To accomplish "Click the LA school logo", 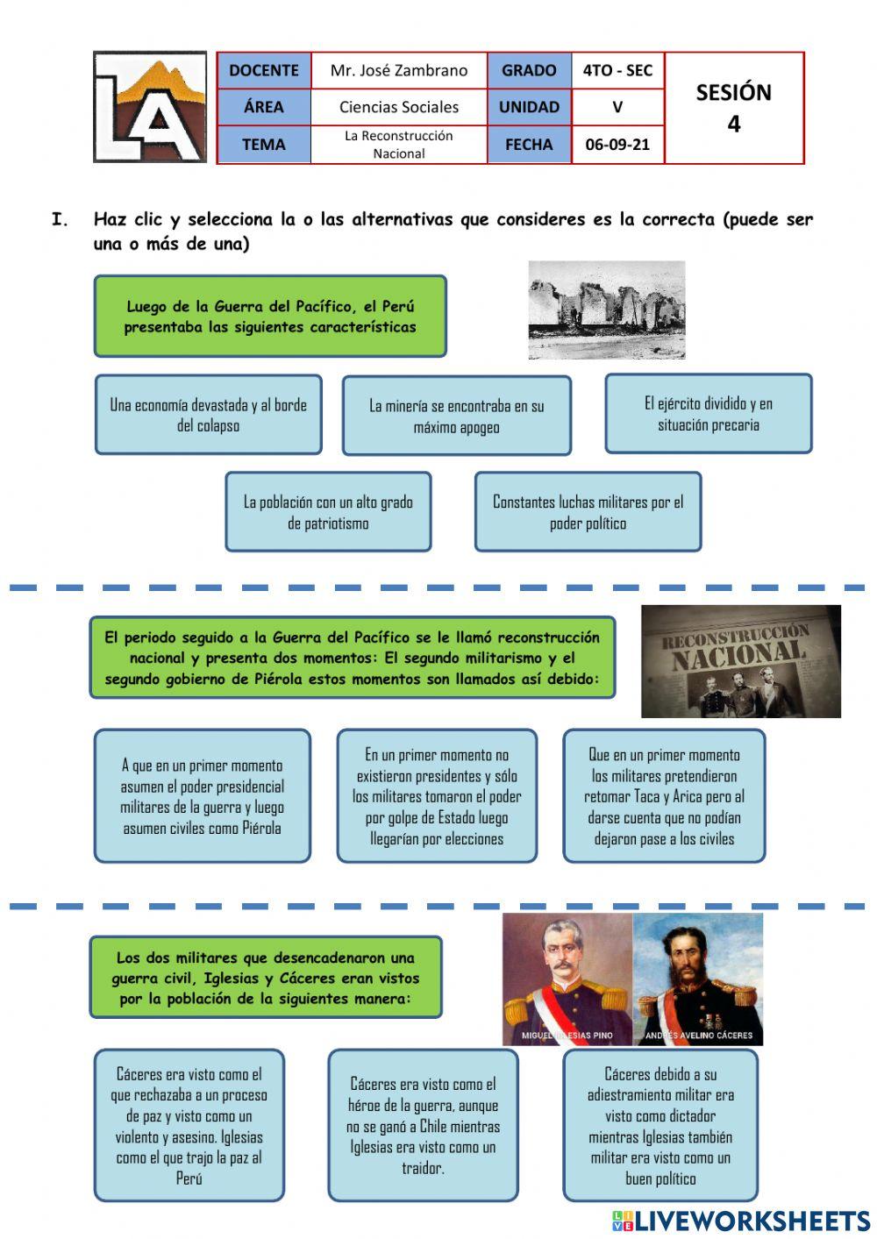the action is [150, 107].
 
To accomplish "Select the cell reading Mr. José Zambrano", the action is [399, 70].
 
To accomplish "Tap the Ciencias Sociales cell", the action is [399, 107].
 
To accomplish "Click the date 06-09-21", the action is [617, 145].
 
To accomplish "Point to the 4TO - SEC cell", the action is [617, 70].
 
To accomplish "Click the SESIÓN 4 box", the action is [733, 108].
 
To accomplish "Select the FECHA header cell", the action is [529, 145].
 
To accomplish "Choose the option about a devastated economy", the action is [208, 415].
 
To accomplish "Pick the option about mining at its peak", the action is [456, 416].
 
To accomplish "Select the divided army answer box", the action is [709, 414].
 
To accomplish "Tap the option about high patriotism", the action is [328, 512].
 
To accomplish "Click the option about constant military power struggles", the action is [588, 512].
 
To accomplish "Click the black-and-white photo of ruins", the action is [607, 310].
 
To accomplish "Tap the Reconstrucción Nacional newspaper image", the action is [741, 661].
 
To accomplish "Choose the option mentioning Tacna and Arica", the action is [664, 796].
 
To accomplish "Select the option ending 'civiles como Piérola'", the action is [202, 796].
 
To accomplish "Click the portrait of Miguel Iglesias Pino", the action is [567, 979].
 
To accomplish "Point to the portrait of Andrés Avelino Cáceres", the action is [698, 979].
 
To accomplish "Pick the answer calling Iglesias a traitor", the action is [423, 1126].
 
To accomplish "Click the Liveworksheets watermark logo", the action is [741, 1221].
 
